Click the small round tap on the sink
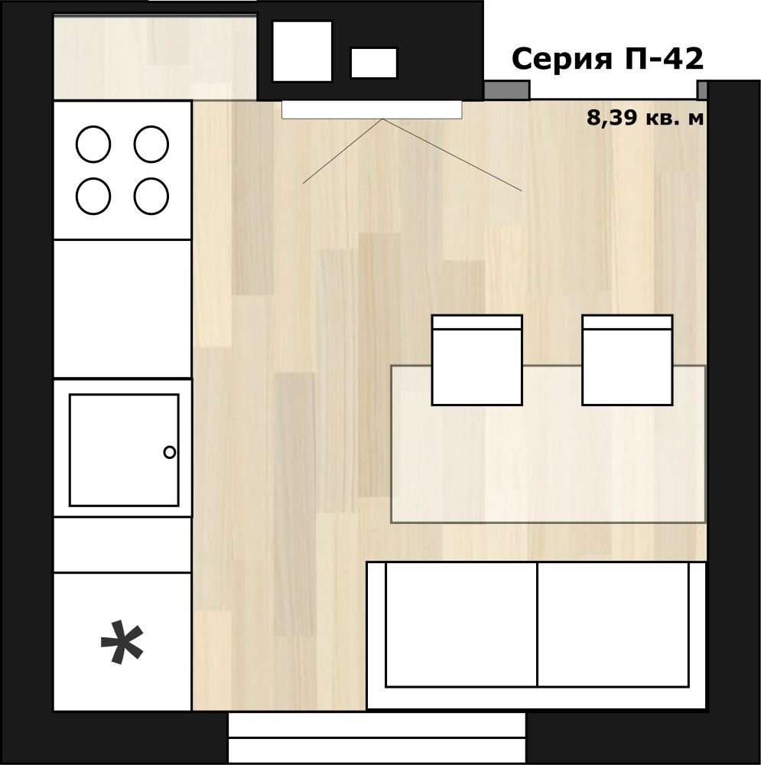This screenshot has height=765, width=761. click(169, 452)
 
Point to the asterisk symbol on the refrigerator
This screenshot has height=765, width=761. click(122, 642)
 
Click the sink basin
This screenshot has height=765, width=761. click(124, 450)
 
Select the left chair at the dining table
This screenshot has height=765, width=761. click(477, 360)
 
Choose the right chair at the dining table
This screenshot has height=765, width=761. click(627, 360)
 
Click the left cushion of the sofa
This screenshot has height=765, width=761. click(461, 624)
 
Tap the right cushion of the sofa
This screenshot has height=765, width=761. click(613, 624)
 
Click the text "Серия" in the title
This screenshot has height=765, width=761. click(562, 59)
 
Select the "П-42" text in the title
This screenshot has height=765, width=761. click(664, 59)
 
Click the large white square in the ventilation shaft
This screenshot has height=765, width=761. click(302, 51)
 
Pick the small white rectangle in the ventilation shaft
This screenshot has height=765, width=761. click(374, 63)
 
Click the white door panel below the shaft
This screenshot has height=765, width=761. click(372, 109)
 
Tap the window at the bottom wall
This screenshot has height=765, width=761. click(377, 737)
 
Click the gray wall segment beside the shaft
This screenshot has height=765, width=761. click(506, 90)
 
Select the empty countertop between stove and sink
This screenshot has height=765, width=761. click(122, 309)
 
